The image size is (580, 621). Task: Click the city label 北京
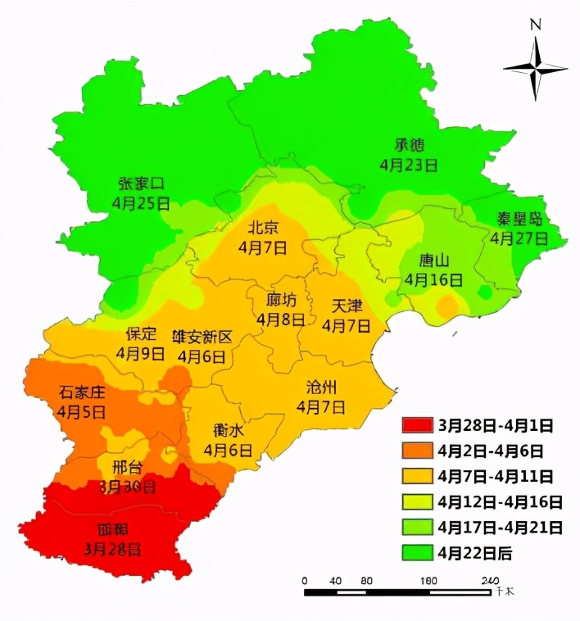263,228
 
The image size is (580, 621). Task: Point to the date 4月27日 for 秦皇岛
518,238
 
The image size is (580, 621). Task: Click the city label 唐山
434,261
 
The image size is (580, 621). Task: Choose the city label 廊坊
281,300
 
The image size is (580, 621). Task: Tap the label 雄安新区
202,337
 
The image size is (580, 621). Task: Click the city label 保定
140,334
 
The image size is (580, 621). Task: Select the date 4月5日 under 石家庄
81,411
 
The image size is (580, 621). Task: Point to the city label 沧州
320,388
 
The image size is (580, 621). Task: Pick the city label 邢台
126,468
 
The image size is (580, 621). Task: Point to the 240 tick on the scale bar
489,581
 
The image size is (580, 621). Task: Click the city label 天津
347,306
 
